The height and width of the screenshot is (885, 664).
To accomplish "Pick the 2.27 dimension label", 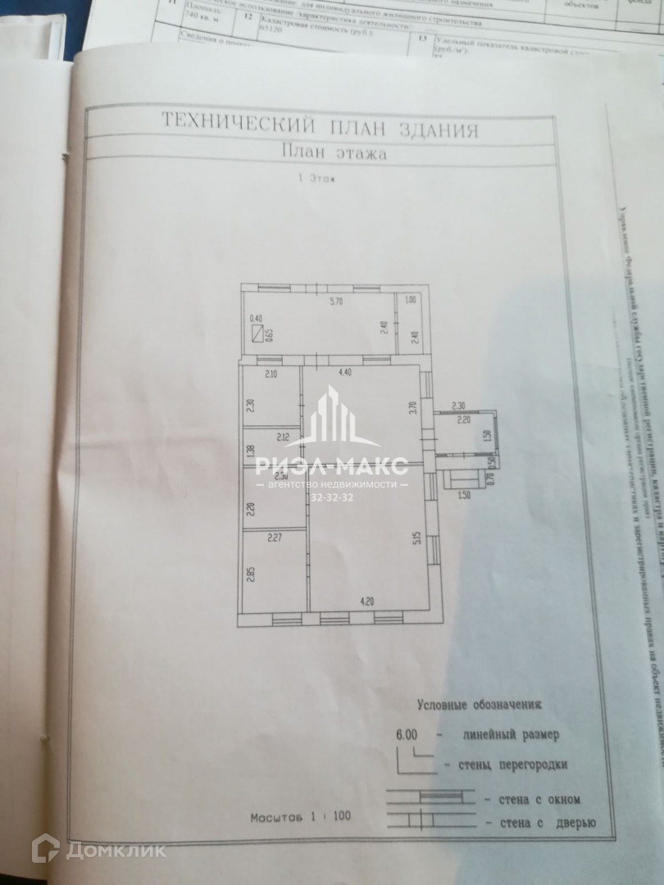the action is (x=274, y=538).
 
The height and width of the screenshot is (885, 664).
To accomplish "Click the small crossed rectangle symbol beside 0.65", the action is (x=259, y=334).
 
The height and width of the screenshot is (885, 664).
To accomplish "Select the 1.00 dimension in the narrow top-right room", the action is (x=411, y=300).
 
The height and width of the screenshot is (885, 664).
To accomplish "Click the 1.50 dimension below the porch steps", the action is (x=464, y=495).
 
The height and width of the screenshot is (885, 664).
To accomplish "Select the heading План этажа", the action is (x=334, y=152).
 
